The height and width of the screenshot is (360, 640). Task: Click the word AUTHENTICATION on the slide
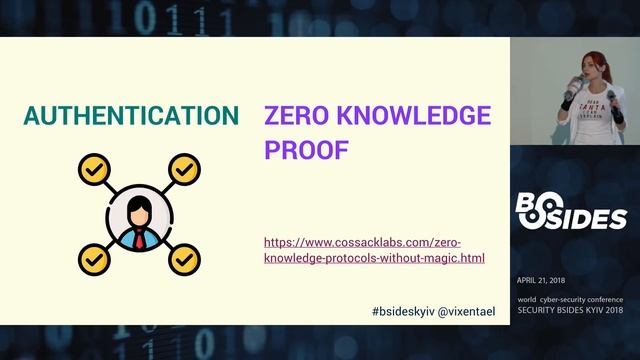(x=131, y=115)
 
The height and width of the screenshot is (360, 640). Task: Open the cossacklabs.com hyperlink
(x=374, y=250)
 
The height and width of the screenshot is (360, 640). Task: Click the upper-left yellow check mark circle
(x=95, y=168)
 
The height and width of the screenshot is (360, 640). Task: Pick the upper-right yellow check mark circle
(x=184, y=168)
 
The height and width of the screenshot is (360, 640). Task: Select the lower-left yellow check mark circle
(x=95, y=259)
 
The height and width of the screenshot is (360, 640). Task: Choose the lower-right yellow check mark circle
(x=184, y=259)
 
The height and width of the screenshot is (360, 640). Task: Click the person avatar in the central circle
(x=140, y=218)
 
